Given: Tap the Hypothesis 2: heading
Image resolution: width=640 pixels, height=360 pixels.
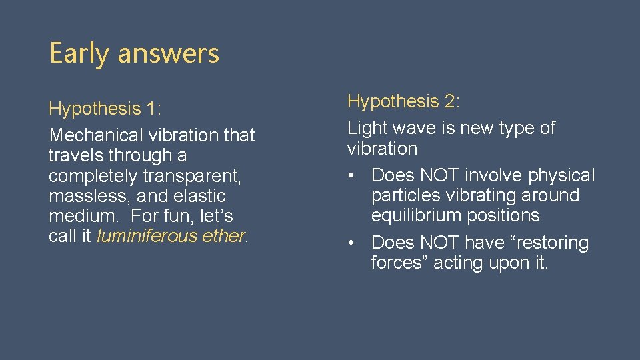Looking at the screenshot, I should coord(404,101).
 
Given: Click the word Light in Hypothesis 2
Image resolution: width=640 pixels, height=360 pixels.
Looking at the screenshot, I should coord(367,128).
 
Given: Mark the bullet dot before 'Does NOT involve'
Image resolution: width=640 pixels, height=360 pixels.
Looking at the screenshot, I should coord(351,176).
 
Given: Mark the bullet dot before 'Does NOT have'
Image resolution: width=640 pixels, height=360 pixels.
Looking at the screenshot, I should coord(351,243).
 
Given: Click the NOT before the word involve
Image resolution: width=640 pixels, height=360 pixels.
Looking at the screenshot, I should coord(440,175).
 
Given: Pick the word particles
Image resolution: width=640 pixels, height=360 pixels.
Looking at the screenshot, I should coord(404,196).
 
